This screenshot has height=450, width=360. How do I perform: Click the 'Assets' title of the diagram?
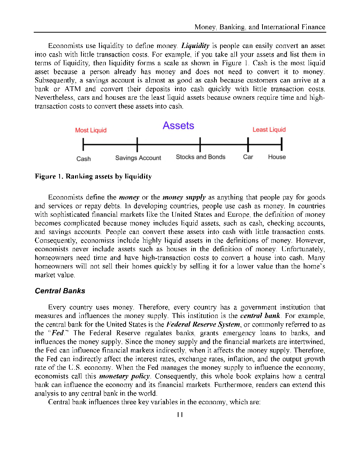pyautogui.click(x=178, y=126)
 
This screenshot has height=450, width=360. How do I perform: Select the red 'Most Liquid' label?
pyautogui.click(x=91, y=130)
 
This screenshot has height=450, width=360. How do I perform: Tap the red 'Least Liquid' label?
pyautogui.click(x=269, y=130)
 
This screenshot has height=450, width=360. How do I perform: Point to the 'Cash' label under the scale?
pyautogui.click(x=83, y=159)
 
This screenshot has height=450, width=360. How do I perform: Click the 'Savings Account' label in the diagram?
pyautogui.click(x=138, y=158)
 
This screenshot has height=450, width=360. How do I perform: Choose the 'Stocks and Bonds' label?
pyautogui.click(x=201, y=157)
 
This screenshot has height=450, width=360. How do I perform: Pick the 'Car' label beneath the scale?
pyautogui.click(x=248, y=157)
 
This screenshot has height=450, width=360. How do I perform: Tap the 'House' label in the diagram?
pyautogui.click(x=277, y=157)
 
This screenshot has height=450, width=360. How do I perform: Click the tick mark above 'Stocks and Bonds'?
pyautogui.click(x=200, y=144)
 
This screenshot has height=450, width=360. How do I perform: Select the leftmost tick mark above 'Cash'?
pyautogui.click(x=83, y=144)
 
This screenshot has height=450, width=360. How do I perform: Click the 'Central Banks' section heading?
pyautogui.click(x=60, y=291)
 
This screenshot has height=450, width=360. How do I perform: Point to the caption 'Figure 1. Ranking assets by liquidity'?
pyautogui.click(x=93, y=176)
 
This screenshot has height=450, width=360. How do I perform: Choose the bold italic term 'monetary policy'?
pyautogui.click(x=125, y=376)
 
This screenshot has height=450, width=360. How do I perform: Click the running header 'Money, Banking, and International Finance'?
pyautogui.click(x=259, y=27)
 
